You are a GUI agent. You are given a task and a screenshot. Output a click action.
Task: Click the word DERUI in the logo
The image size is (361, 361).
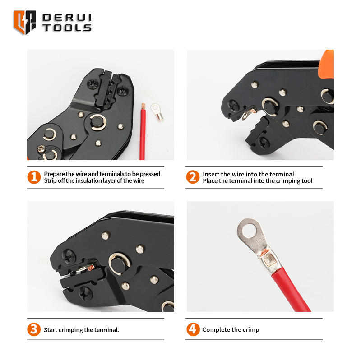click(x=67, y=18)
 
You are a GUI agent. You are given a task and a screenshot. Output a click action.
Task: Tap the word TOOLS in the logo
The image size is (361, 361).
click(x=67, y=28)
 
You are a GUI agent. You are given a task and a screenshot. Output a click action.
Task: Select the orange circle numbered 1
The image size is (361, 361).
click(x=34, y=177)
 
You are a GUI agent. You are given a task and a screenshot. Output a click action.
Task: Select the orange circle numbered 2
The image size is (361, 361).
click(x=193, y=177)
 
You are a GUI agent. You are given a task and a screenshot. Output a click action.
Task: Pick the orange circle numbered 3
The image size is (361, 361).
click(x=34, y=329)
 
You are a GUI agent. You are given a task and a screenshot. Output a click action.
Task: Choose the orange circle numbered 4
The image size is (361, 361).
click(x=193, y=329)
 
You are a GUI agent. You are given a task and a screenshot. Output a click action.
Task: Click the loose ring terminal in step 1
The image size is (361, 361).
click(x=157, y=112)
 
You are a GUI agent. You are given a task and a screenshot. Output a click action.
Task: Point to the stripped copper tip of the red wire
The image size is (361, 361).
click(x=143, y=106)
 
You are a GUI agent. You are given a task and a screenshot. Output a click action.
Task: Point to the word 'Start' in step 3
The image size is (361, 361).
click(x=51, y=330)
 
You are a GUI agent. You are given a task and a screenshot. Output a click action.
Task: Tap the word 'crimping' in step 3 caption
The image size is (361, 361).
click(x=71, y=330)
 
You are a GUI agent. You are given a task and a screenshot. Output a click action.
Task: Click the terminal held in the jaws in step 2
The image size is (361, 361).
click(x=248, y=114)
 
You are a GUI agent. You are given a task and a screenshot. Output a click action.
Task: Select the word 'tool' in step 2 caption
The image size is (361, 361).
click(x=307, y=181)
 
